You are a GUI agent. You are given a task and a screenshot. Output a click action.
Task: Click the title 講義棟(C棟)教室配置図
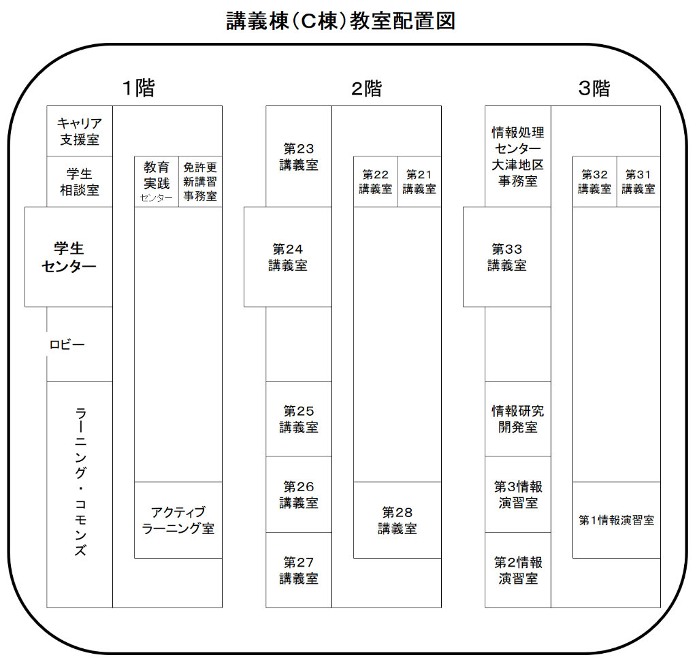[340, 21]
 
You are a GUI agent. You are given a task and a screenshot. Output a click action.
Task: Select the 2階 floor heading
[366, 88]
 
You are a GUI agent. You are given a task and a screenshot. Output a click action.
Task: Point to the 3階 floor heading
[594, 88]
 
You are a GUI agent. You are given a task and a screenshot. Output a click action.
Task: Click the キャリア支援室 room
[80, 131]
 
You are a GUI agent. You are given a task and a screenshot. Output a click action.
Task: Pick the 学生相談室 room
[80, 182]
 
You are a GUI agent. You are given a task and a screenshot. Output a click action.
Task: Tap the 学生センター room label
[69, 257]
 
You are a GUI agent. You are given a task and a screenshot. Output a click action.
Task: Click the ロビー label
[67, 345]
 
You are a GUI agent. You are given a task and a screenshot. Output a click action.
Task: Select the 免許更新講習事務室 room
[200, 182]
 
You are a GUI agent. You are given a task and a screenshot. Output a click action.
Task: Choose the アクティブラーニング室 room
[178, 520]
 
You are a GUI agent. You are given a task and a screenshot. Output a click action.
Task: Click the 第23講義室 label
[298, 156]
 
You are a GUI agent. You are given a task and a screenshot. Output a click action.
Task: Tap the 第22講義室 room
[376, 182]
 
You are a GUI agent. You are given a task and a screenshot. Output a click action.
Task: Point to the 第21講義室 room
[419, 182]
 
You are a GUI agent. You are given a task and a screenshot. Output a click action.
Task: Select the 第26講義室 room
[298, 495]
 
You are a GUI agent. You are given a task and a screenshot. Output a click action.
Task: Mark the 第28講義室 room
[398, 520]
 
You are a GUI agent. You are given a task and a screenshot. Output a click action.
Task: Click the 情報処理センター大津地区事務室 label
[518, 156]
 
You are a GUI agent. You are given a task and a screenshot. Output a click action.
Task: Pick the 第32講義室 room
[595, 182]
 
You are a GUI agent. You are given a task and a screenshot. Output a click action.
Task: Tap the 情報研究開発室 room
[518, 418]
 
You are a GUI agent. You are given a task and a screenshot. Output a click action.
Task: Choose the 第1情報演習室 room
[617, 520]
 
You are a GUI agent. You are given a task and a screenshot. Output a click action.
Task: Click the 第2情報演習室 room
[518, 570]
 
